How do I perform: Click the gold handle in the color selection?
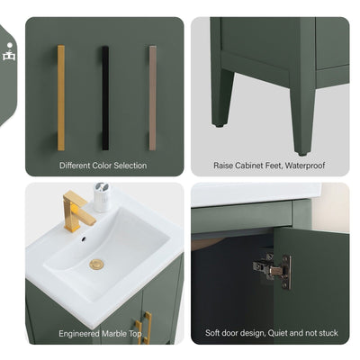pos(61,97)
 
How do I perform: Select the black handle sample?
pos(105,97)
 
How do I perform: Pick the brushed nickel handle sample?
pos(152,97)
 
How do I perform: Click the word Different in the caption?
pos(76,166)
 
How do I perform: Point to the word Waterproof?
pos(305,166)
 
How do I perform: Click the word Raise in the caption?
pos(224,166)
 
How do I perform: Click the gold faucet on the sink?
pos(78,212)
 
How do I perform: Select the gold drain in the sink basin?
pos(97,265)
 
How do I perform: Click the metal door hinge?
pos(273,267)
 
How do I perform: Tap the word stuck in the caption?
pos(328,333)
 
